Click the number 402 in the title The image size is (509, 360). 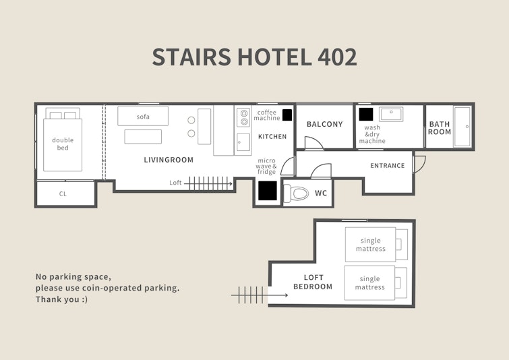337,57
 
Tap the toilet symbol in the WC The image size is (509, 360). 296,193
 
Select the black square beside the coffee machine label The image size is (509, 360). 287,115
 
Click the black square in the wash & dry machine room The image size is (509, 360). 366,114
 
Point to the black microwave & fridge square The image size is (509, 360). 268,191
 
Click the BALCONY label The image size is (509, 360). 325,124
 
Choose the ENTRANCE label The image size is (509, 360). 387,166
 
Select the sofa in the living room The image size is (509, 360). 143,116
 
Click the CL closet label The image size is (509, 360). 63,193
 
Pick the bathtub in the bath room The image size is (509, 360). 462,126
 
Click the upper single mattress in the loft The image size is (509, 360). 376,245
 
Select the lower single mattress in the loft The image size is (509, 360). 376,282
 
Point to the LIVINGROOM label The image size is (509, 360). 169,160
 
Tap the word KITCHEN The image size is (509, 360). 272,137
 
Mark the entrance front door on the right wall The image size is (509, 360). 419,164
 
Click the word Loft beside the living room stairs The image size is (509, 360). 175,183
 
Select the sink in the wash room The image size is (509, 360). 391,115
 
